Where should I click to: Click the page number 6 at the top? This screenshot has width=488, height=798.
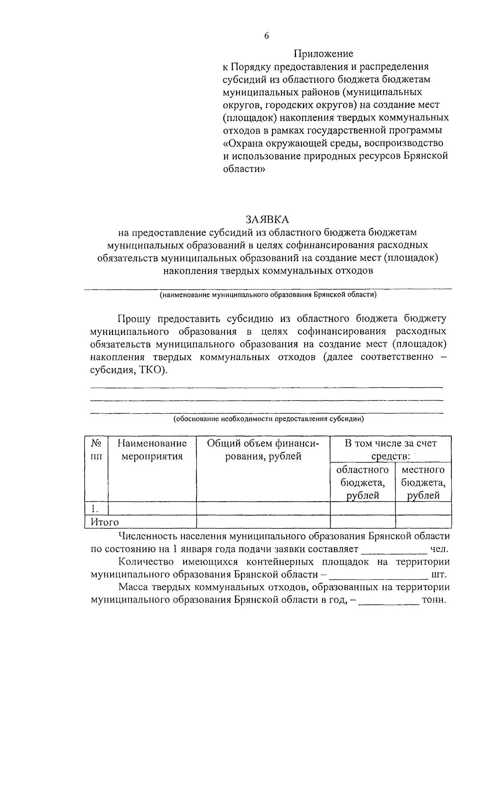pos(267,36)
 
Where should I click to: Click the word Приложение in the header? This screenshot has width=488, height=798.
pos(323,54)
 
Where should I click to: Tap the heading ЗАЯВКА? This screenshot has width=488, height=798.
pos(267,219)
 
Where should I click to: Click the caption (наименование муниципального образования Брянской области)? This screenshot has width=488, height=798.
pos(268,295)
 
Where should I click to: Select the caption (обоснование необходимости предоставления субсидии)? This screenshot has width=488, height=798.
pos(268,418)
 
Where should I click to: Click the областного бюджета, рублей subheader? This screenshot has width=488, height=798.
pos(362,483)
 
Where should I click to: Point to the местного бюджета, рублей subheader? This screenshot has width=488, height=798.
pos(423,483)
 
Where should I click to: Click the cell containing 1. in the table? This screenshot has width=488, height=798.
pos(96,508)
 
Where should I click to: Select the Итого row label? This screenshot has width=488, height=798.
pos(105,522)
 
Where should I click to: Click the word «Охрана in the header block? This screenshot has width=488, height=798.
pos(242,144)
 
